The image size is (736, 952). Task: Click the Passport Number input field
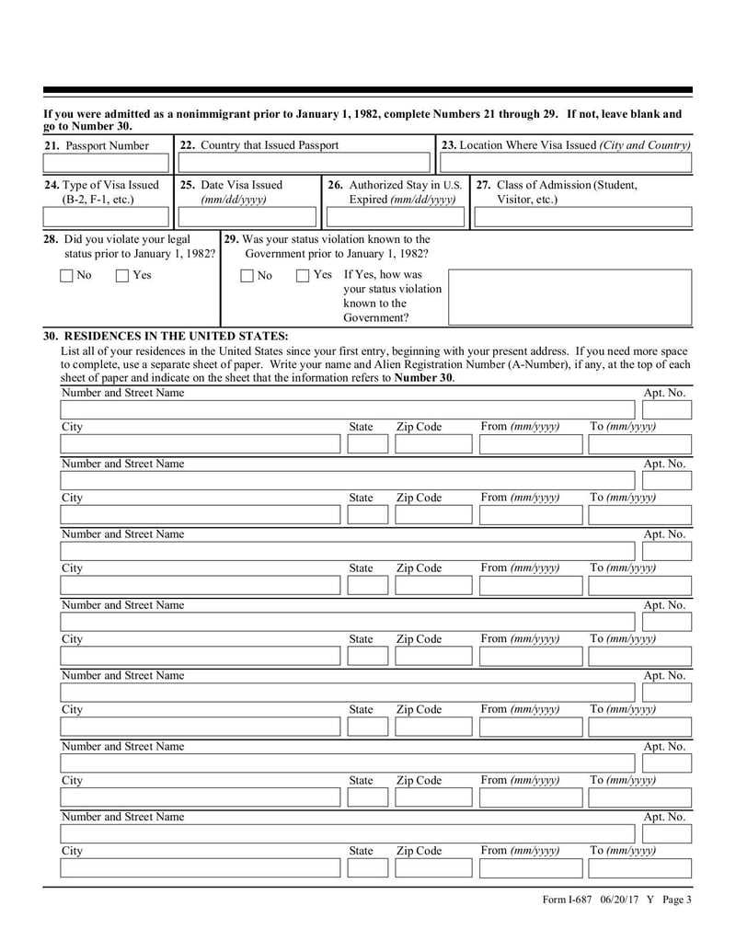tap(107, 164)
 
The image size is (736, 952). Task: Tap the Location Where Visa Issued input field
tap(564, 164)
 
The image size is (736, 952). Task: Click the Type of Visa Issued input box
tap(107, 218)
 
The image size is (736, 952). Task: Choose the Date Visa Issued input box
tap(247, 218)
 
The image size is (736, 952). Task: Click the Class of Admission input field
tap(582, 218)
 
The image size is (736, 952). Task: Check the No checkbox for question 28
tap(66, 276)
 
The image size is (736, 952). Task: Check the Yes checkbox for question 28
tap(123, 276)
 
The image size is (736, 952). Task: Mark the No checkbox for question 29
tap(247, 276)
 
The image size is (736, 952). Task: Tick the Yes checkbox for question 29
tap(304, 276)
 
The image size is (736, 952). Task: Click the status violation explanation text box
tap(569, 297)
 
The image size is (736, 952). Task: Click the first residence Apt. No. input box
tap(664, 409)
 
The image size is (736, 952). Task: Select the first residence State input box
tap(367, 445)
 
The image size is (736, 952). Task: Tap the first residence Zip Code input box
tap(431, 445)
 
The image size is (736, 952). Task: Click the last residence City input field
tap(199, 869)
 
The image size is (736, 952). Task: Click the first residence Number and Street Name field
tap(348, 409)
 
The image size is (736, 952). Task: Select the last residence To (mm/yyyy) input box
tap(638, 869)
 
